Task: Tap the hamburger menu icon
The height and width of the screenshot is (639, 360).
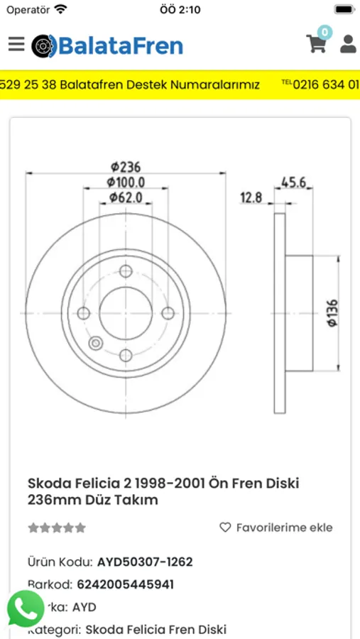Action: click(16, 44)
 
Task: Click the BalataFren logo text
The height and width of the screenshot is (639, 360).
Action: click(120, 46)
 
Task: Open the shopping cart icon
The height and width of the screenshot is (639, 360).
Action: click(317, 43)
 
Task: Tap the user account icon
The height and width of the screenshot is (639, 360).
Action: click(348, 44)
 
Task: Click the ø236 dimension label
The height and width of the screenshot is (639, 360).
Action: click(126, 167)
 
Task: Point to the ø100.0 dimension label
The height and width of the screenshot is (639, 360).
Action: click(126, 182)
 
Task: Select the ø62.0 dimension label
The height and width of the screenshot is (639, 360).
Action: click(126, 197)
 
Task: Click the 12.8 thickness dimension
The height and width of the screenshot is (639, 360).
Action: click(251, 197)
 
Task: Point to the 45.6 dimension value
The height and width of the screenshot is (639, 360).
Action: click(293, 182)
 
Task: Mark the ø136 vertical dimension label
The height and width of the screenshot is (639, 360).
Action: click(332, 313)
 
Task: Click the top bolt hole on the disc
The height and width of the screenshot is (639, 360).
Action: click(126, 271)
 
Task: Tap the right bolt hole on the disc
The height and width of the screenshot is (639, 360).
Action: click(168, 313)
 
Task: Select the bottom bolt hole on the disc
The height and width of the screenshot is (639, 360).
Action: click(126, 355)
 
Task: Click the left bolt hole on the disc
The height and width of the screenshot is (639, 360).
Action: click(84, 313)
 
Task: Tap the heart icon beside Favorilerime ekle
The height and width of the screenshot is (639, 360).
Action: click(225, 528)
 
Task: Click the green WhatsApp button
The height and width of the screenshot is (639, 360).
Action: click(26, 608)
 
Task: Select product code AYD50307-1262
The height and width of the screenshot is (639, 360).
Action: click(145, 562)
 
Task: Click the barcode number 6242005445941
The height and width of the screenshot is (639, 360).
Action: click(135, 584)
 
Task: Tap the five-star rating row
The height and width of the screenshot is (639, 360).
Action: click(57, 528)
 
